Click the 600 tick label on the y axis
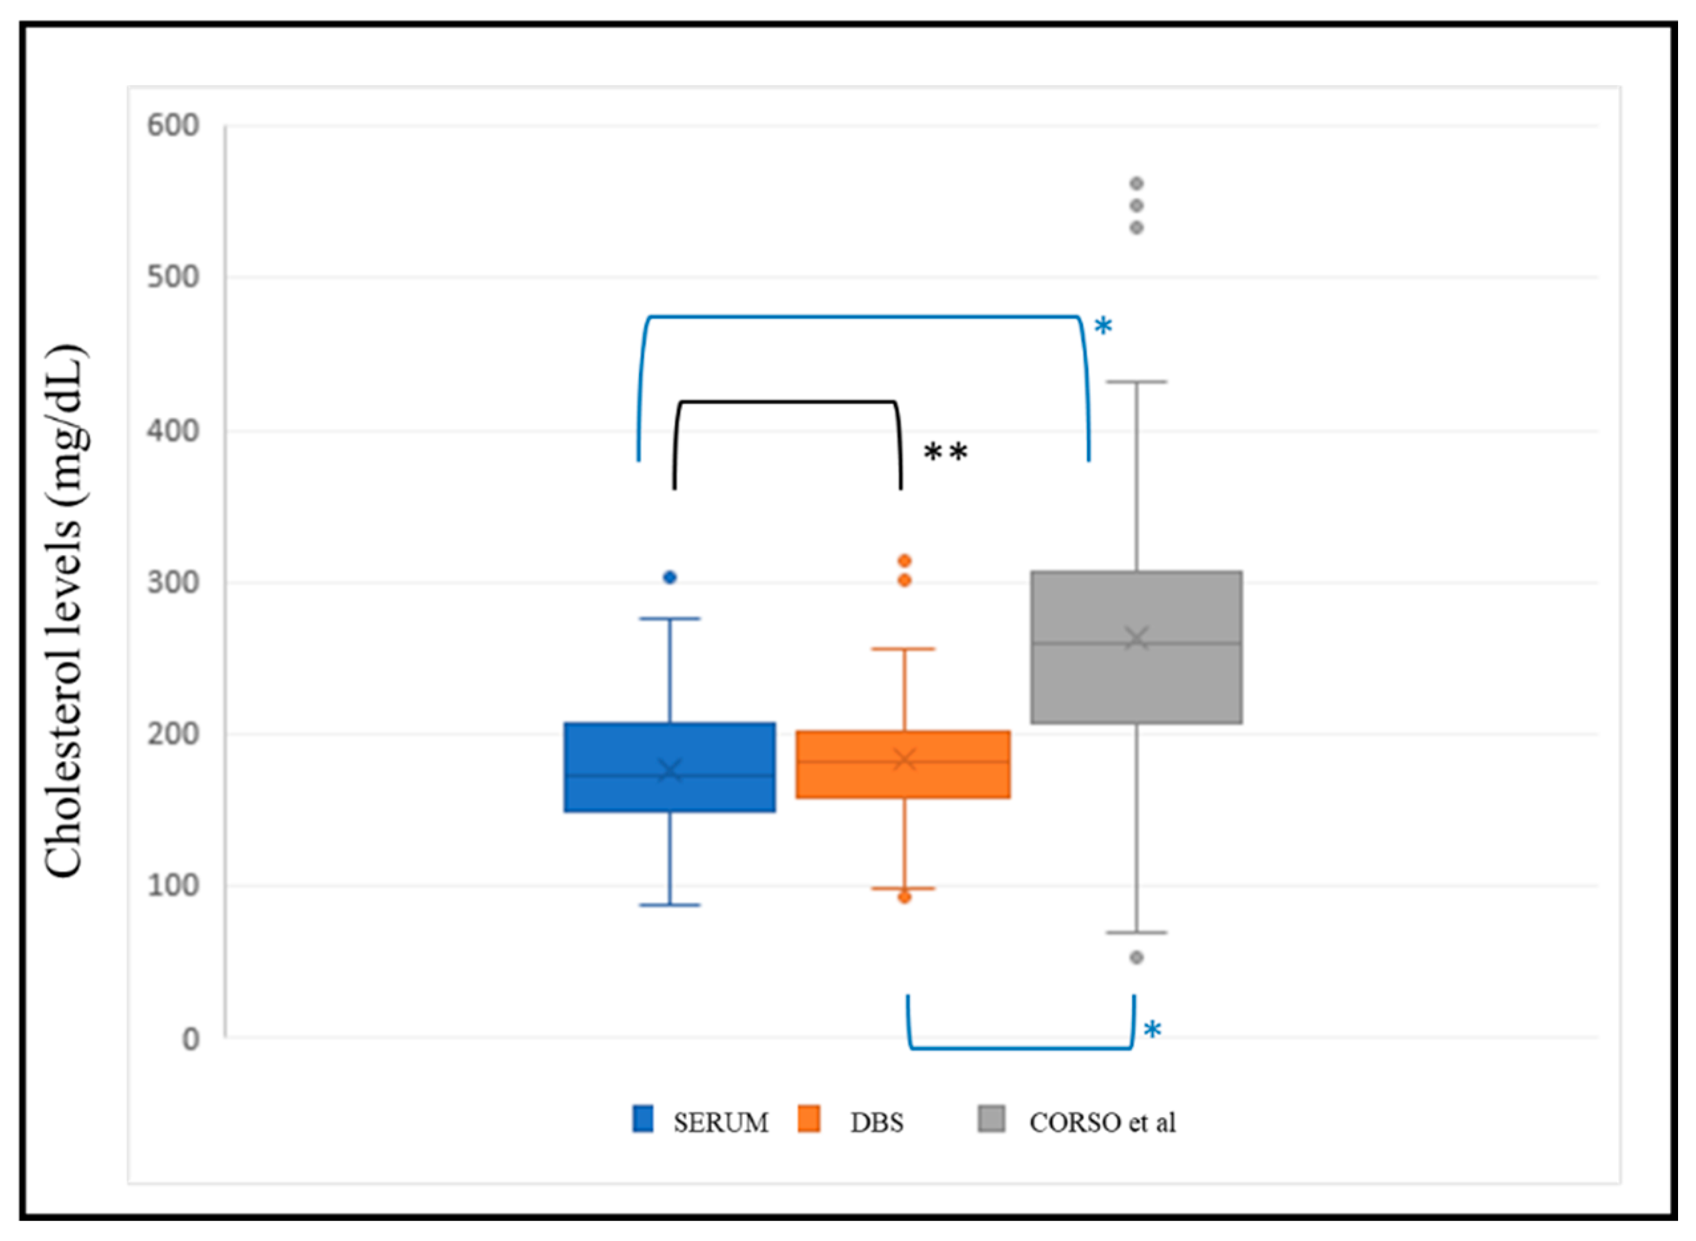click(x=173, y=125)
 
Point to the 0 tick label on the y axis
click(x=191, y=1039)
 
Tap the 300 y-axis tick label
click(x=173, y=582)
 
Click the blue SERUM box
click(x=670, y=767)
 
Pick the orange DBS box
click(x=903, y=765)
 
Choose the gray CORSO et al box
click(x=1136, y=647)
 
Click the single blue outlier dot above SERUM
click(x=670, y=577)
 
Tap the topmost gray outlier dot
click(x=1136, y=183)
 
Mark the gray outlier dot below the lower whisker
click(x=1136, y=957)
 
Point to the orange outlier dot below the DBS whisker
click(x=904, y=897)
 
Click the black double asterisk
click(x=945, y=452)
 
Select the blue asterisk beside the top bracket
click(x=1102, y=326)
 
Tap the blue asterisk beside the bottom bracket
click(x=1152, y=1029)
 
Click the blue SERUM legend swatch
click(x=642, y=1117)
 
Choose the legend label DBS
click(x=876, y=1122)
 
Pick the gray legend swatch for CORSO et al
click(x=991, y=1117)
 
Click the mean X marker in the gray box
click(x=1136, y=639)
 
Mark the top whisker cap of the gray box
click(x=1136, y=382)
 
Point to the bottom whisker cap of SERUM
click(x=670, y=905)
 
